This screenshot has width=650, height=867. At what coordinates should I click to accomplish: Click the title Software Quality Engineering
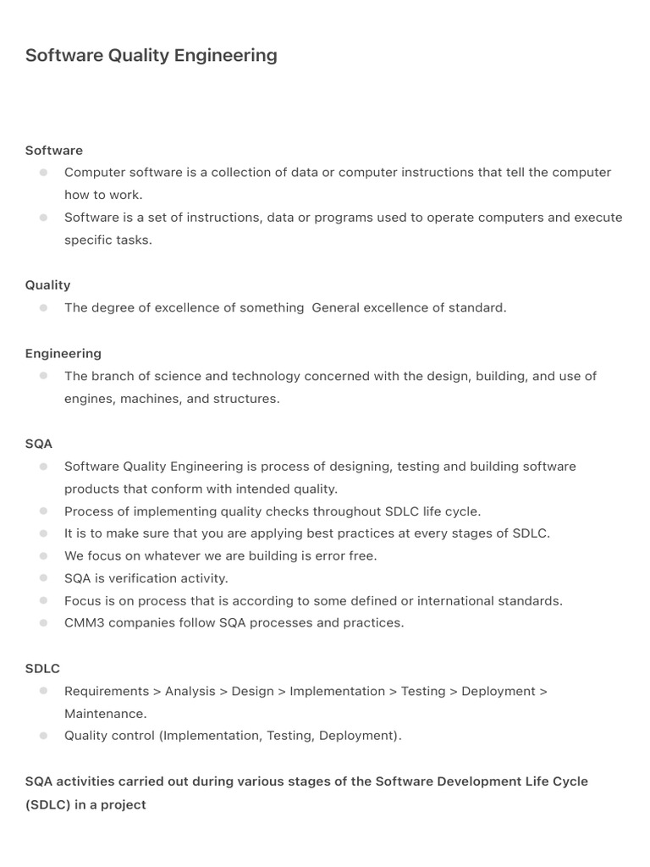[x=151, y=56]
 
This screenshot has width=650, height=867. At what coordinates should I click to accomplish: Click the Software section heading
[x=54, y=151]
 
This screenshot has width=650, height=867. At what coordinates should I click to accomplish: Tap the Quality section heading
[x=47, y=285]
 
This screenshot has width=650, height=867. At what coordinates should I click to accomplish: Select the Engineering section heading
[x=63, y=354]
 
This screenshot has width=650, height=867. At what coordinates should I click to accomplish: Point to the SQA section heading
[x=39, y=444]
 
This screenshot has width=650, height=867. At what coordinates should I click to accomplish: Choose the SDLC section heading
[x=42, y=669]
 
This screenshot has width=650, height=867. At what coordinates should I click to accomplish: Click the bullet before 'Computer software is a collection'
[x=43, y=173]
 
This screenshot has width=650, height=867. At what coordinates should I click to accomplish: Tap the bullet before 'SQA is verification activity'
[x=43, y=578]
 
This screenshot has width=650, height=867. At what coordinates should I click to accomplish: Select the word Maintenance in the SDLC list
[x=104, y=714]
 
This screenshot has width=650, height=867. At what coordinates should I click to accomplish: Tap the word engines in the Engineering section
[x=85, y=399]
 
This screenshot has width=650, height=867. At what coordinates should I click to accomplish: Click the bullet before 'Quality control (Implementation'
[x=43, y=736]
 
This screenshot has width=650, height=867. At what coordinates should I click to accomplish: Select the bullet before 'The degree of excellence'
[x=43, y=308]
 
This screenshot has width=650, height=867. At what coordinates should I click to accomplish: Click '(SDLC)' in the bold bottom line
[x=48, y=804]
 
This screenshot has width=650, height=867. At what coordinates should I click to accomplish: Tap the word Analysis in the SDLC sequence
[x=190, y=692]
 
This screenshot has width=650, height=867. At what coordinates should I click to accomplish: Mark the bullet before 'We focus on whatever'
[x=43, y=556]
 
